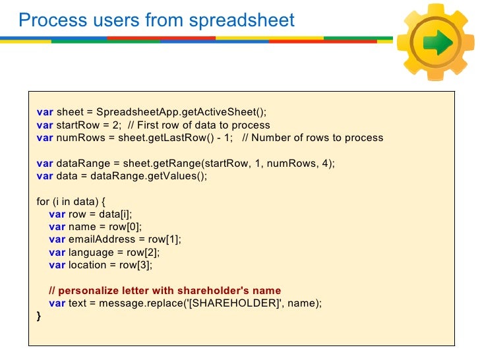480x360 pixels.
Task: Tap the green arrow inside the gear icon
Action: pyautogui.click(x=438, y=44)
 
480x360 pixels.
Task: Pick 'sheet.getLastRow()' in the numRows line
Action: pyautogui.click(x=161, y=138)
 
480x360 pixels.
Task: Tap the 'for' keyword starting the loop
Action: pyautogui.click(x=43, y=201)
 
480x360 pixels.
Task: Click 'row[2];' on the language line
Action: pyautogui.click(x=145, y=252)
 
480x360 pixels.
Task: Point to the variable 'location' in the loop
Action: pyautogui.click(x=87, y=264)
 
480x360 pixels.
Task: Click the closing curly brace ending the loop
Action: pyautogui.click(x=38, y=316)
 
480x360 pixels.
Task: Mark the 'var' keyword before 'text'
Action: pyautogui.click(x=57, y=303)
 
